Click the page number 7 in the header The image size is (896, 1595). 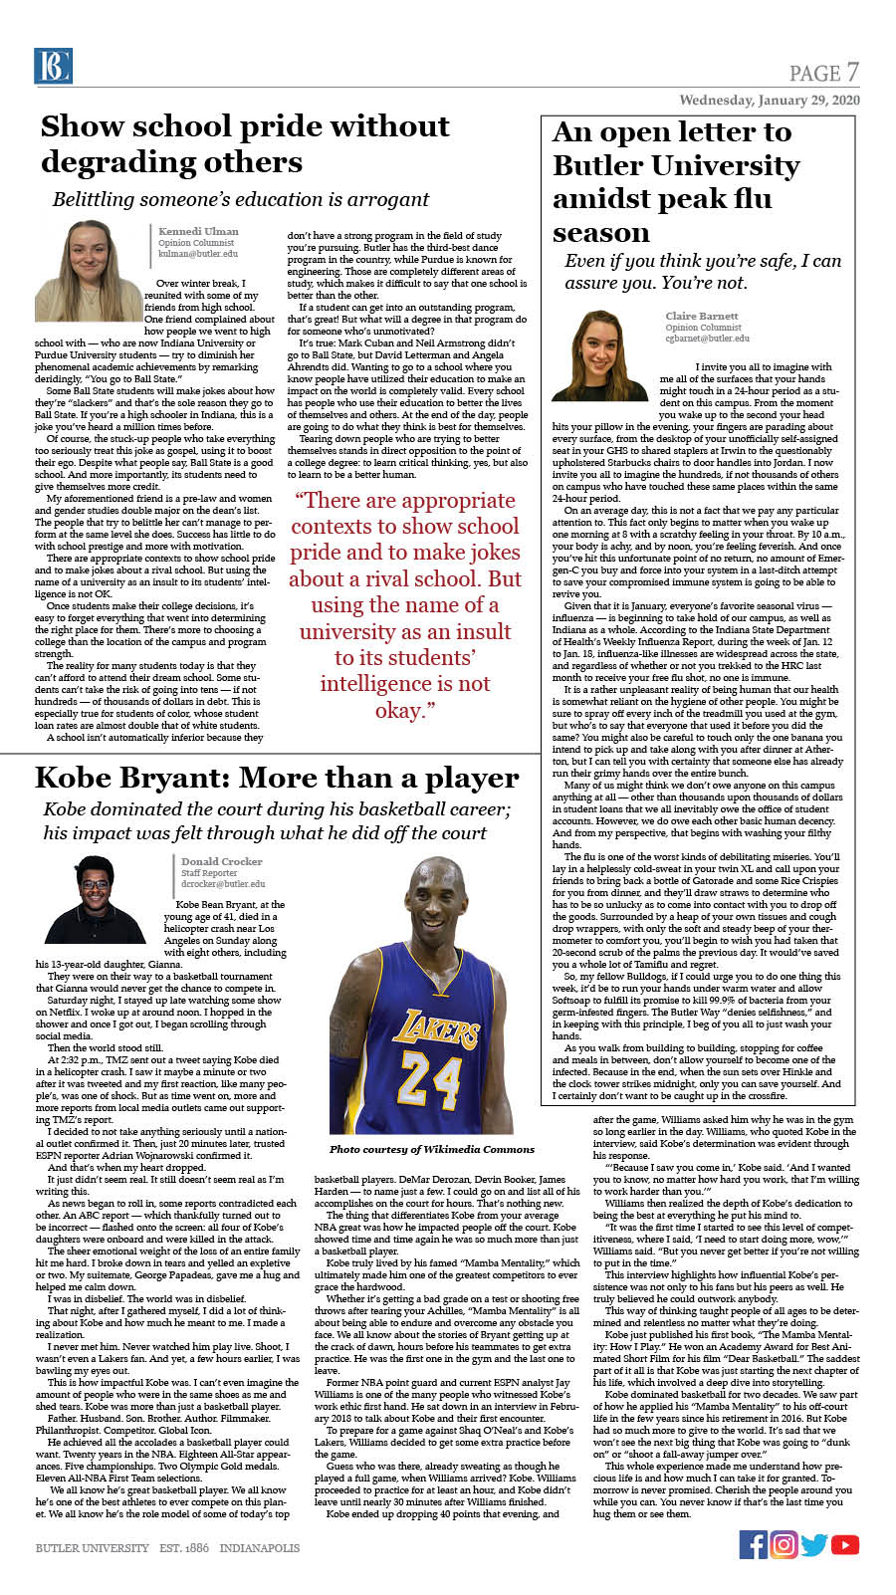pyautogui.click(x=852, y=72)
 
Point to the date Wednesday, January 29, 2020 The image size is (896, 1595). pyautogui.click(x=770, y=101)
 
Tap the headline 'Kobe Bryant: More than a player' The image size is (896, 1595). pyautogui.click(x=277, y=778)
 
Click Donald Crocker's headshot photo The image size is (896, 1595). pyautogui.click(x=97, y=899)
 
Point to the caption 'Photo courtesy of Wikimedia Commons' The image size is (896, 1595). pyautogui.click(x=432, y=1149)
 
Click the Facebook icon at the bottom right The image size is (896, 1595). pyautogui.click(x=754, y=1544)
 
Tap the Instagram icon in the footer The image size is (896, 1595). pyautogui.click(x=784, y=1544)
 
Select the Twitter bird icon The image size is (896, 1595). pyautogui.click(x=814, y=1544)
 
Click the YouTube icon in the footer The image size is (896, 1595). pyautogui.click(x=845, y=1544)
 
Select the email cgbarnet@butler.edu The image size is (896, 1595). pyautogui.click(x=707, y=339)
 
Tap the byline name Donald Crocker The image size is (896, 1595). pyautogui.click(x=222, y=861)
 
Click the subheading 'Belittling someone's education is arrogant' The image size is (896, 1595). pyautogui.click(x=241, y=199)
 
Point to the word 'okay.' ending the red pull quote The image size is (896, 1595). pyautogui.click(x=405, y=710)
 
